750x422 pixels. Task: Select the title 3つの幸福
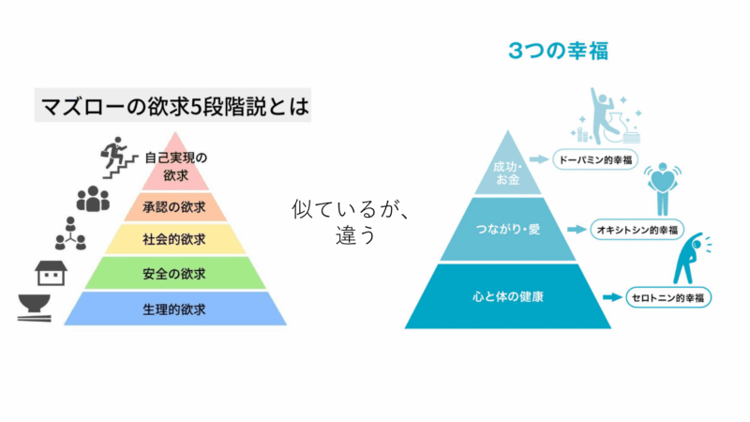pos(558,51)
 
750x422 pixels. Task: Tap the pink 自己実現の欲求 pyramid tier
pos(175,165)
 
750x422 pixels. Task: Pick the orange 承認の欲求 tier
pos(175,206)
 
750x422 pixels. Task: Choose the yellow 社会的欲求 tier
pos(175,239)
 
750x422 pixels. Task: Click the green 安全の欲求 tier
pos(175,273)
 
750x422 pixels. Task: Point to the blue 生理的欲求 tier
pos(175,309)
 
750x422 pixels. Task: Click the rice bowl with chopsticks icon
pos(35,308)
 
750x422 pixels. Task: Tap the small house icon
pos(51,273)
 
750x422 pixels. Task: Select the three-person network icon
pos(71,234)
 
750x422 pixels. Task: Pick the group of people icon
pos(93,199)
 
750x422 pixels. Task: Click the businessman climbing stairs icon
pos(118,158)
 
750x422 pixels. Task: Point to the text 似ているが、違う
pos(352,221)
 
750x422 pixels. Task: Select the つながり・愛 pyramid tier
pos(507,230)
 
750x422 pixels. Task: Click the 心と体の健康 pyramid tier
pos(507,296)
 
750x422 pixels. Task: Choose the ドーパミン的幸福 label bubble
pos(595,159)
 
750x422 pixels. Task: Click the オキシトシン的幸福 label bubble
pos(637,230)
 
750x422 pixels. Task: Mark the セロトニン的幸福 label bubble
pos(668,297)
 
